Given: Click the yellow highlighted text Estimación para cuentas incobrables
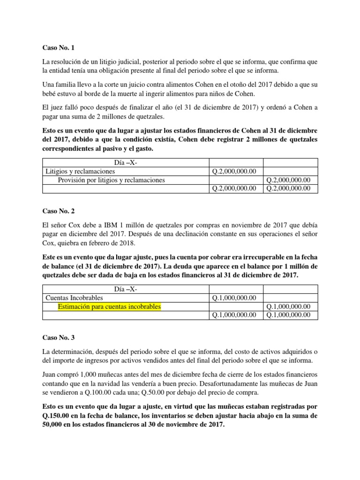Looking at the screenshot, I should tap(109, 307).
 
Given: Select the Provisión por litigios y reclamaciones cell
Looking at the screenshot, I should tap(111, 180).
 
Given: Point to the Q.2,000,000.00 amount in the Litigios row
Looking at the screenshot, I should tap(234, 171).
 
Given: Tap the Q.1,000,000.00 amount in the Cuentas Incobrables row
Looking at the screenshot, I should tap(234, 298).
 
